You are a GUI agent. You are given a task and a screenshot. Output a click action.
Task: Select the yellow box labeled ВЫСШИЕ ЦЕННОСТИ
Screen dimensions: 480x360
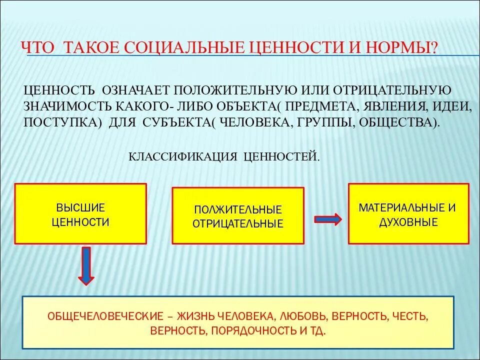(80, 214)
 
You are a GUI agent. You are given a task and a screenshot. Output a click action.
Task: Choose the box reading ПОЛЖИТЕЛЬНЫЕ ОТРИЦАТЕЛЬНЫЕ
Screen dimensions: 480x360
(238, 216)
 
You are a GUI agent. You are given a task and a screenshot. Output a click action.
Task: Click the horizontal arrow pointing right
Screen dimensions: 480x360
(327, 219)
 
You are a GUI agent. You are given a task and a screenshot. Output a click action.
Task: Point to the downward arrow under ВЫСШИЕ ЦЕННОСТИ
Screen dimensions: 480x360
(86, 265)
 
